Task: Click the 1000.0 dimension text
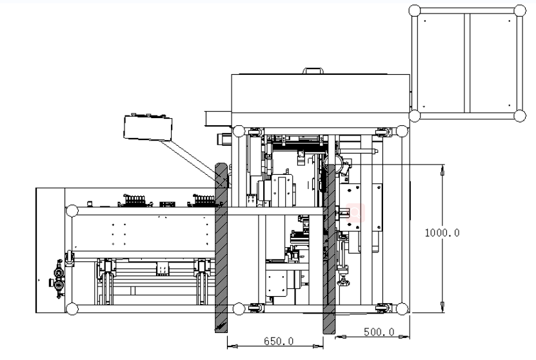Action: (442, 233)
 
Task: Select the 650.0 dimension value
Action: (278, 341)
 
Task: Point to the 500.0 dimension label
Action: (379, 332)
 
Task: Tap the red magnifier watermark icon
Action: (355, 213)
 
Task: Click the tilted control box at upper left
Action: (148, 128)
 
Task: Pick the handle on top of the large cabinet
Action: (313, 71)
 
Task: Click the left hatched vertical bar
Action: (221, 248)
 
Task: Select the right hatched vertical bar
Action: (329, 248)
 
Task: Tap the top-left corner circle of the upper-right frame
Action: (415, 10)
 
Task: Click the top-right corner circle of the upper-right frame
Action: (520, 10)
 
